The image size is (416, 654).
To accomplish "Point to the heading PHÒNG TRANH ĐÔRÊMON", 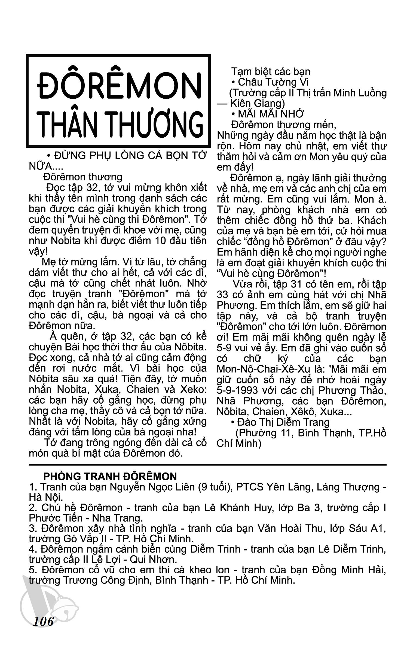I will coord(110,477).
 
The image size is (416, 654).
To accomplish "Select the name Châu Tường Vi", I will coord(273,82).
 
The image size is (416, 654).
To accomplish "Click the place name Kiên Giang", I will coord(258,103).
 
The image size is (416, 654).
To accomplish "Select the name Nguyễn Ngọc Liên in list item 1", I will coord(152,487).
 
